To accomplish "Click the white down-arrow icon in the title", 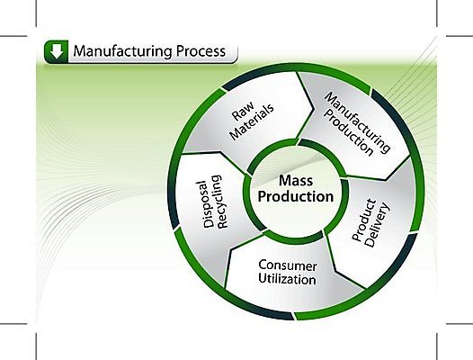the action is pyautogui.click(x=57, y=51).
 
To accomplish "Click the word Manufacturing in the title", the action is pyautogui.click(x=123, y=51).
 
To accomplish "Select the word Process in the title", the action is pyautogui.click(x=201, y=51).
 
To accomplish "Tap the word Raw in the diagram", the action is pyautogui.click(x=243, y=111).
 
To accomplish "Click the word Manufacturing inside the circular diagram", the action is pyautogui.click(x=358, y=121).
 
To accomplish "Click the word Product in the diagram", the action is pyautogui.click(x=364, y=220).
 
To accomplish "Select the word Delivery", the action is pyautogui.click(x=377, y=225).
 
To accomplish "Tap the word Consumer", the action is pyautogui.click(x=288, y=265).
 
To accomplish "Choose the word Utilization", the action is pyautogui.click(x=287, y=279).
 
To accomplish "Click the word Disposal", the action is pyautogui.click(x=209, y=204).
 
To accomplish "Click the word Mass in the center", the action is pyautogui.click(x=296, y=181).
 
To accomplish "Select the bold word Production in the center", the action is pyautogui.click(x=296, y=196).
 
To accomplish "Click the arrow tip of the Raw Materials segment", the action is pyautogui.click(x=314, y=109).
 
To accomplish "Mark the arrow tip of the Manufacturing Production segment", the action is pyautogui.click(x=386, y=180).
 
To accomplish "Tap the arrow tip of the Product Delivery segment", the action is pyautogui.click(x=335, y=271).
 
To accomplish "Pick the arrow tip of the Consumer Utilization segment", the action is pyautogui.click(x=231, y=250).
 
